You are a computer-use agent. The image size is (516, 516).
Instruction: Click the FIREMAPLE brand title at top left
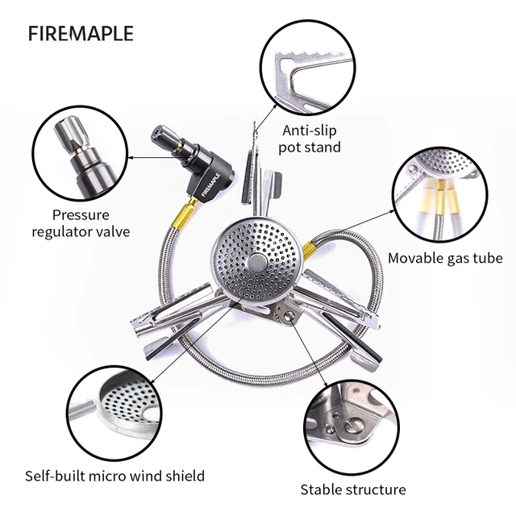(x=81, y=35)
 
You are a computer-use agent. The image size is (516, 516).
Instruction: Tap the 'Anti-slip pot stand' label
(x=310, y=138)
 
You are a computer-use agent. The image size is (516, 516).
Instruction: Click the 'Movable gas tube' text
(x=445, y=258)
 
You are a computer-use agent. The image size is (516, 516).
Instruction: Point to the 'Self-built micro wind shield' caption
(x=114, y=476)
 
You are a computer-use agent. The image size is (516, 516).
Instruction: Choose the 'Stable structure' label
(x=353, y=489)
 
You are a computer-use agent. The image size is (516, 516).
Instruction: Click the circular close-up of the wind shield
(x=112, y=411)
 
